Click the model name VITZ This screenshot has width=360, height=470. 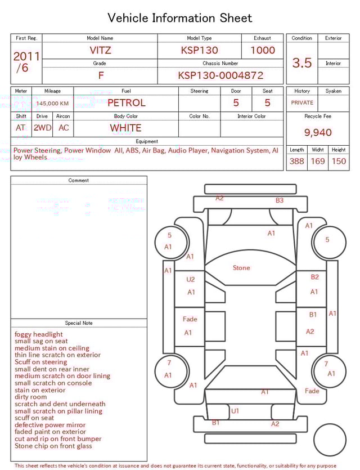(100, 50)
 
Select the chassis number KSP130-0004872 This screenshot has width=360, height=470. (220, 75)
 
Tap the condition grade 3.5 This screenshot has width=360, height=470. (302, 62)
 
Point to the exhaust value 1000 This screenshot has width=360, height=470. (262, 50)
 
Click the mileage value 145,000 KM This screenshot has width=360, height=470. (52, 104)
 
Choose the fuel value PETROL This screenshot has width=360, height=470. (127, 103)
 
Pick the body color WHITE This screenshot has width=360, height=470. (125, 128)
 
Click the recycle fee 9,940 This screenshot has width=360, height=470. (318, 132)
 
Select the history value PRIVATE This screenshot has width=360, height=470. (302, 102)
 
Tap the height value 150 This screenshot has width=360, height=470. (339, 161)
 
